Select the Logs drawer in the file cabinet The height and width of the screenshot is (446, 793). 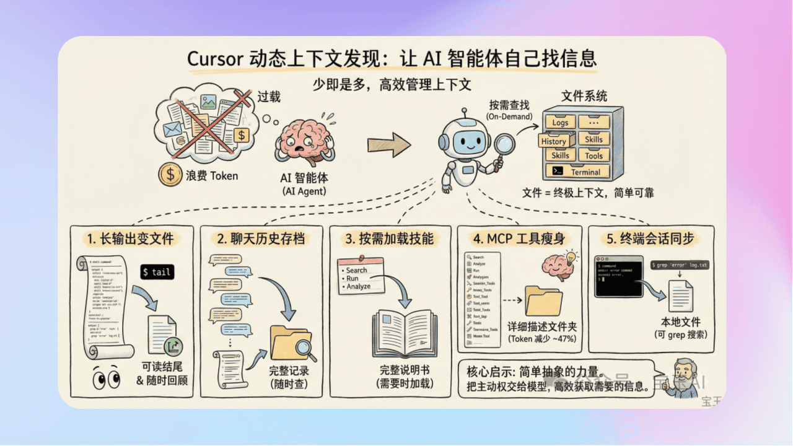(560, 122)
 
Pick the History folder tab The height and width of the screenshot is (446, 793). (553, 141)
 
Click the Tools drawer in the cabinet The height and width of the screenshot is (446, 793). (594, 155)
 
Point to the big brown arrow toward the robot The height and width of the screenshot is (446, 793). (389, 145)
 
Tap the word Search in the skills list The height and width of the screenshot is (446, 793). (356, 270)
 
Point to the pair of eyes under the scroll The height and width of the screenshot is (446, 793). (107, 378)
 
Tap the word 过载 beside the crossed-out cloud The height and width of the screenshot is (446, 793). (268, 97)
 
